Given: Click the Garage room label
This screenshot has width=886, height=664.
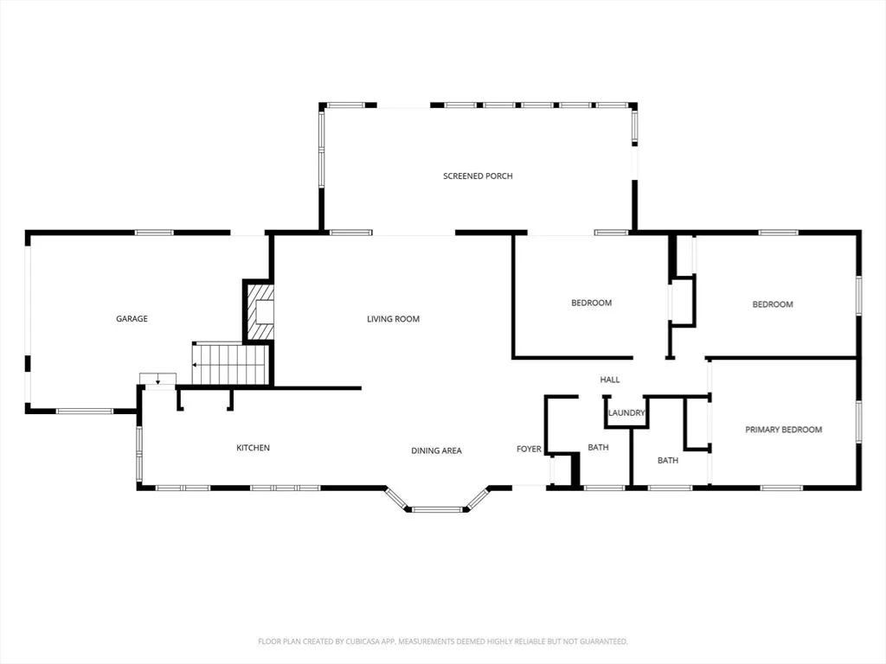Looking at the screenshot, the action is point(132,319).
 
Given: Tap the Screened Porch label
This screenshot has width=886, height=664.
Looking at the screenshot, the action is point(478,176).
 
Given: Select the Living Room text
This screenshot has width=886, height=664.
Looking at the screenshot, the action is point(394,319).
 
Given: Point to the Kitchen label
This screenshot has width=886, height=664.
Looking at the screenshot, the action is point(254,448).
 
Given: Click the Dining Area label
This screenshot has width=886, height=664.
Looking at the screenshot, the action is point(436,450).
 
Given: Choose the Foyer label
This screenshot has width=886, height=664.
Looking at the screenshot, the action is point(529,449).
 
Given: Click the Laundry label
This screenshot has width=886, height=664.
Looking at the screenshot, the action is point(626,412).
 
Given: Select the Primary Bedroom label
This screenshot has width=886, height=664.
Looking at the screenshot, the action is point(784,430).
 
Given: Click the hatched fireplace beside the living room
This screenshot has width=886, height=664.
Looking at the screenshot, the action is point(260,311).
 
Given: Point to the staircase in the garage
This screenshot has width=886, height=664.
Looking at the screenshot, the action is point(230,364).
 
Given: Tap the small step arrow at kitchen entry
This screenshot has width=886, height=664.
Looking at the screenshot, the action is point(158,380).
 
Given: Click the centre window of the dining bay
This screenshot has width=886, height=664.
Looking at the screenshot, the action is point(437,510).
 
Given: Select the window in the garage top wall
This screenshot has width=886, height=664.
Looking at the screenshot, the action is point(154,232).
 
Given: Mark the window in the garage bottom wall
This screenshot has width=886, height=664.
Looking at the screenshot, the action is point(85,411).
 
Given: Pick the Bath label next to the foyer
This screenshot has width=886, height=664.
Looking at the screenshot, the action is point(599,448).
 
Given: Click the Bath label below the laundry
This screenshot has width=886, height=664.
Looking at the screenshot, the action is point(668,461).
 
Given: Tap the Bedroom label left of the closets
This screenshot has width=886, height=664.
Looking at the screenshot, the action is point(592,303).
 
